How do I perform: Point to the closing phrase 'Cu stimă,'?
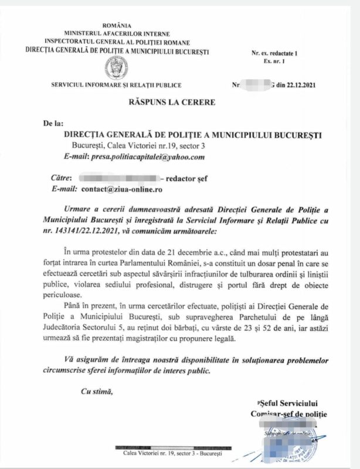96,391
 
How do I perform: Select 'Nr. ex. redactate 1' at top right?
274,53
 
